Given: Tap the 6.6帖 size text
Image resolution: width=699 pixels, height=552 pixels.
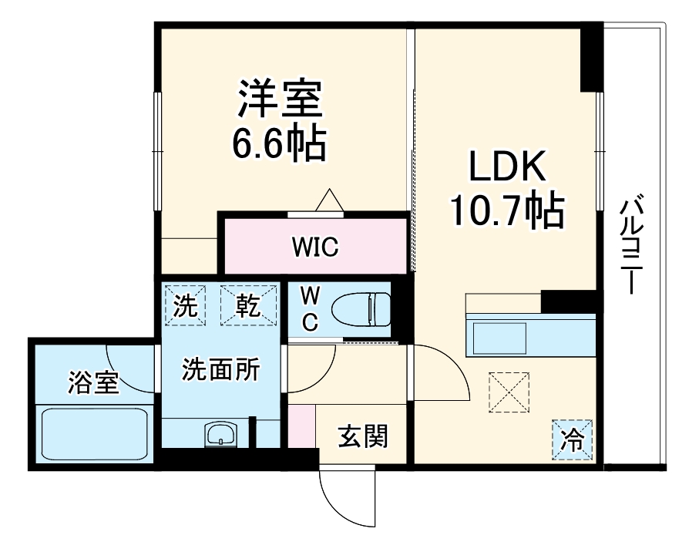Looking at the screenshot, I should (x=279, y=143).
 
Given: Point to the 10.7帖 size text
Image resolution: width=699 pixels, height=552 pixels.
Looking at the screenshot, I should (x=508, y=209).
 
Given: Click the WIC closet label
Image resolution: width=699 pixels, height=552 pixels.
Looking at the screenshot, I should (x=314, y=249).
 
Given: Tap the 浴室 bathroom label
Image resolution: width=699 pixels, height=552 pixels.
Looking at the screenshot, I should (x=93, y=382).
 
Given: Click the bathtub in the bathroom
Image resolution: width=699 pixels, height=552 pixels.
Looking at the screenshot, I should (x=94, y=434).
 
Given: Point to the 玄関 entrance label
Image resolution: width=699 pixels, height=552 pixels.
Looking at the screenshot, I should (x=363, y=438).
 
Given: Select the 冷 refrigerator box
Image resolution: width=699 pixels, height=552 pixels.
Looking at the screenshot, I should (x=572, y=440).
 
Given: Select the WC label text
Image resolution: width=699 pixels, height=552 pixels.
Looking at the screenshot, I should (x=309, y=308).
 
